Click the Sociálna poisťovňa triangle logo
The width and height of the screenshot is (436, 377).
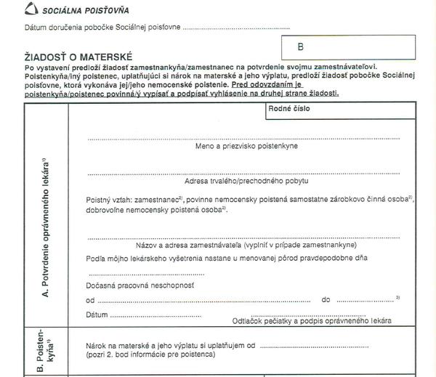[31, 10]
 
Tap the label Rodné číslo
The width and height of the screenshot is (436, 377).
[288, 108]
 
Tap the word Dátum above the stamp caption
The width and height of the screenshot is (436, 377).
[97, 315]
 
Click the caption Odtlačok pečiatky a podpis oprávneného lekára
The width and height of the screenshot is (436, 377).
[312, 320]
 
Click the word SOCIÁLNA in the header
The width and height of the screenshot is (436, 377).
[60, 11]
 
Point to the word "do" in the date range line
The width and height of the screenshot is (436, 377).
[326, 299]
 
